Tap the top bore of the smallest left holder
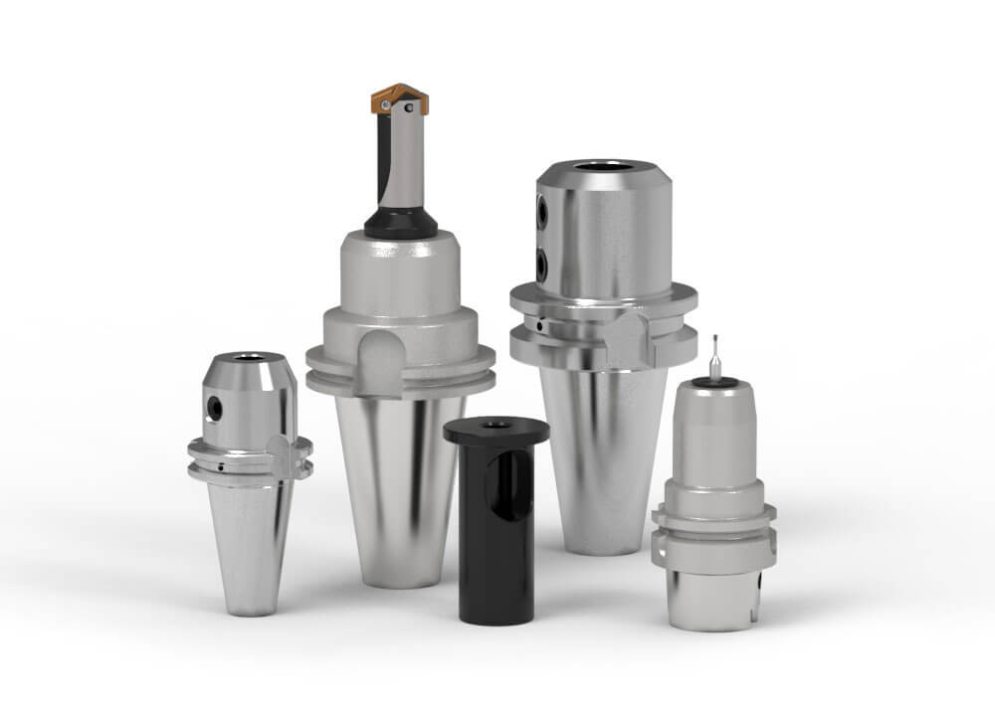click(244, 356)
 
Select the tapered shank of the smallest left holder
click(250, 542)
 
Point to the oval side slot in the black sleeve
click(503, 487)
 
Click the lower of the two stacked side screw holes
click(543, 264)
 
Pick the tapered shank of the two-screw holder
click(603, 457)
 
